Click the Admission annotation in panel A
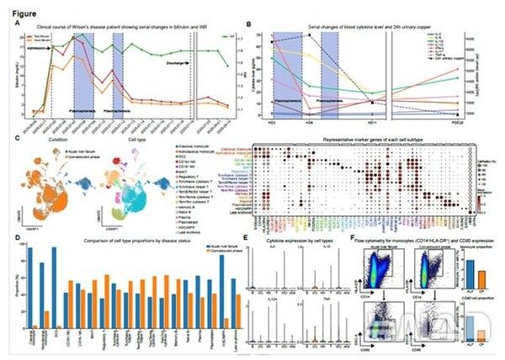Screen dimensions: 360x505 [x=35, y=48]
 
